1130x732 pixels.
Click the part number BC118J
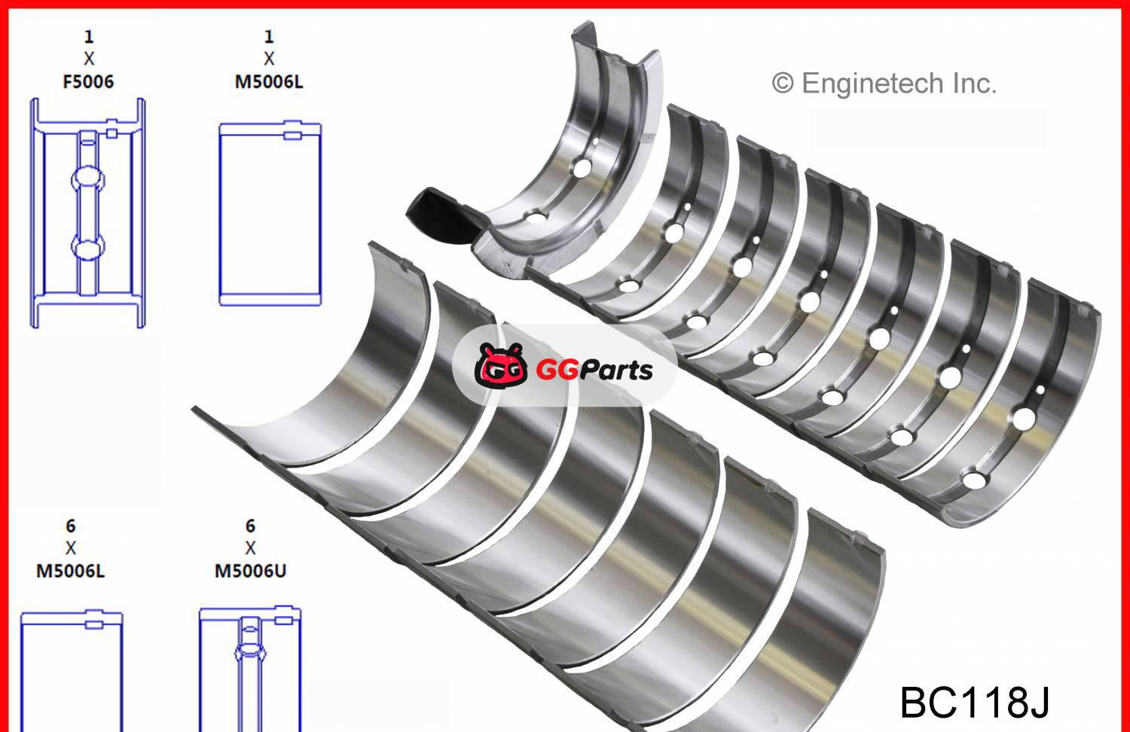point(974,701)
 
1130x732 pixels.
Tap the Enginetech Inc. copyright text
point(884,83)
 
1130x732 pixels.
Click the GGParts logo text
point(594,370)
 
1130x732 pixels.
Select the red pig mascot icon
point(501,366)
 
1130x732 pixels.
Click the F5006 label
point(88,81)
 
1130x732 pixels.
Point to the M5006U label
point(250,571)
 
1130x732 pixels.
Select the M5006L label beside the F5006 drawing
point(269,81)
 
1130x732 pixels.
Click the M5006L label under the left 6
point(71,571)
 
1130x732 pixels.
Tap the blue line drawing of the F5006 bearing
point(87,213)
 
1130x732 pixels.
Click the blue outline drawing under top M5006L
point(270,214)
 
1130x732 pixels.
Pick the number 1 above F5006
point(89,36)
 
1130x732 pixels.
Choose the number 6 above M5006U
point(250,526)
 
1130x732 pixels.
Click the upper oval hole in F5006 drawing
point(88,178)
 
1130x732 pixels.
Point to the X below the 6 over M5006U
point(250,548)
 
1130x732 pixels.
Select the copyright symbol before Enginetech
point(783,84)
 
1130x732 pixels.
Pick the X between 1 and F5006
point(89,59)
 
